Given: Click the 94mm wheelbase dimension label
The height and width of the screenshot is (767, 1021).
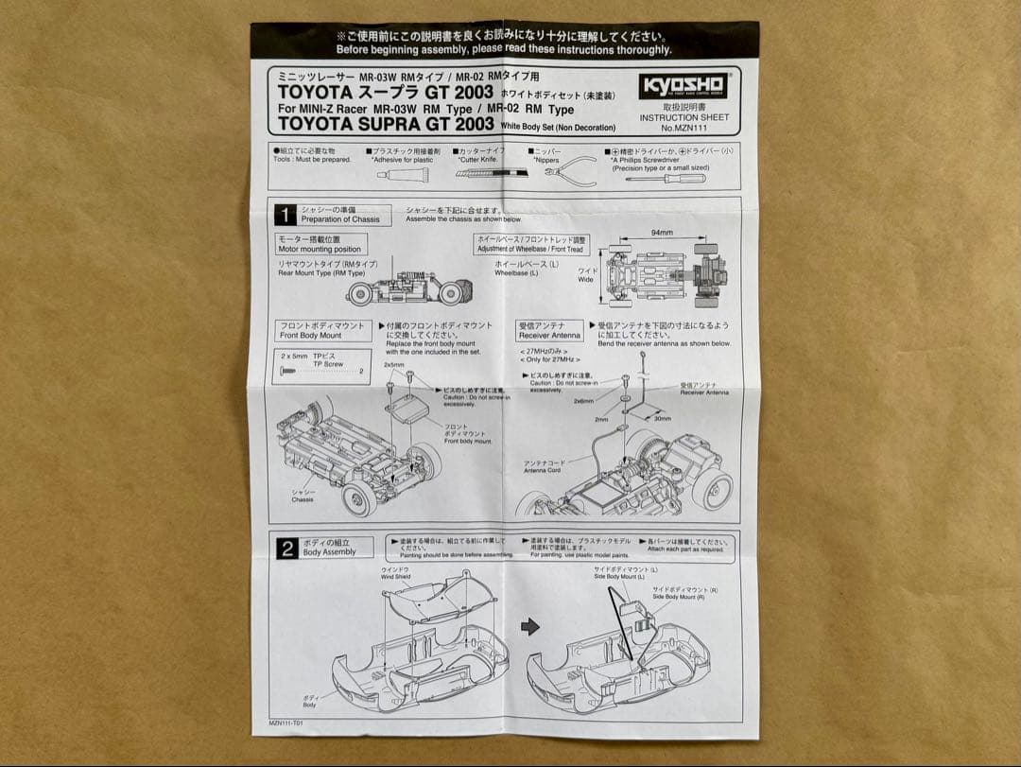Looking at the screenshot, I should (x=662, y=232).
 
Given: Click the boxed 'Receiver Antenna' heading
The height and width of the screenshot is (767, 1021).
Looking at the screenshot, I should (x=549, y=330).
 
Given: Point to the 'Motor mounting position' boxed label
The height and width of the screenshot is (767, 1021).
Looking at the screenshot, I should (x=320, y=244).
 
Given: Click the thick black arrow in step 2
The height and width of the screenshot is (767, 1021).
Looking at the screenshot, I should (x=530, y=626).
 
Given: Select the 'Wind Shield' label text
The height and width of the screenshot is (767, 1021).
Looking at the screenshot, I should (x=395, y=575).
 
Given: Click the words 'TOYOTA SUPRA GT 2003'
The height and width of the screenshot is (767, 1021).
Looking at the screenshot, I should (x=386, y=123).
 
